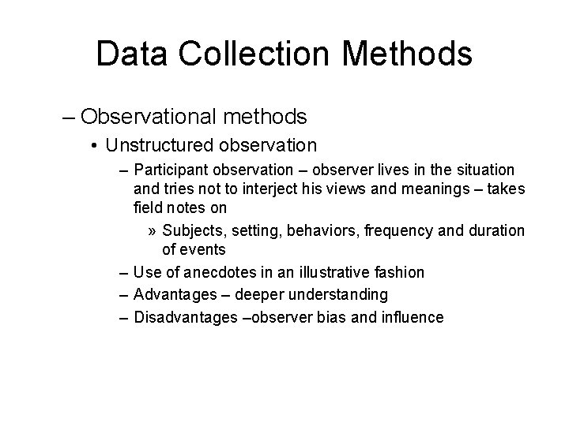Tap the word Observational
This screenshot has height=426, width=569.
coord(149,118)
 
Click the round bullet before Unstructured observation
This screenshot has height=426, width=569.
coord(94,145)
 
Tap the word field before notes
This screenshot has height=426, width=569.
coord(147,208)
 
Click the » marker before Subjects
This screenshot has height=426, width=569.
coord(153,230)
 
